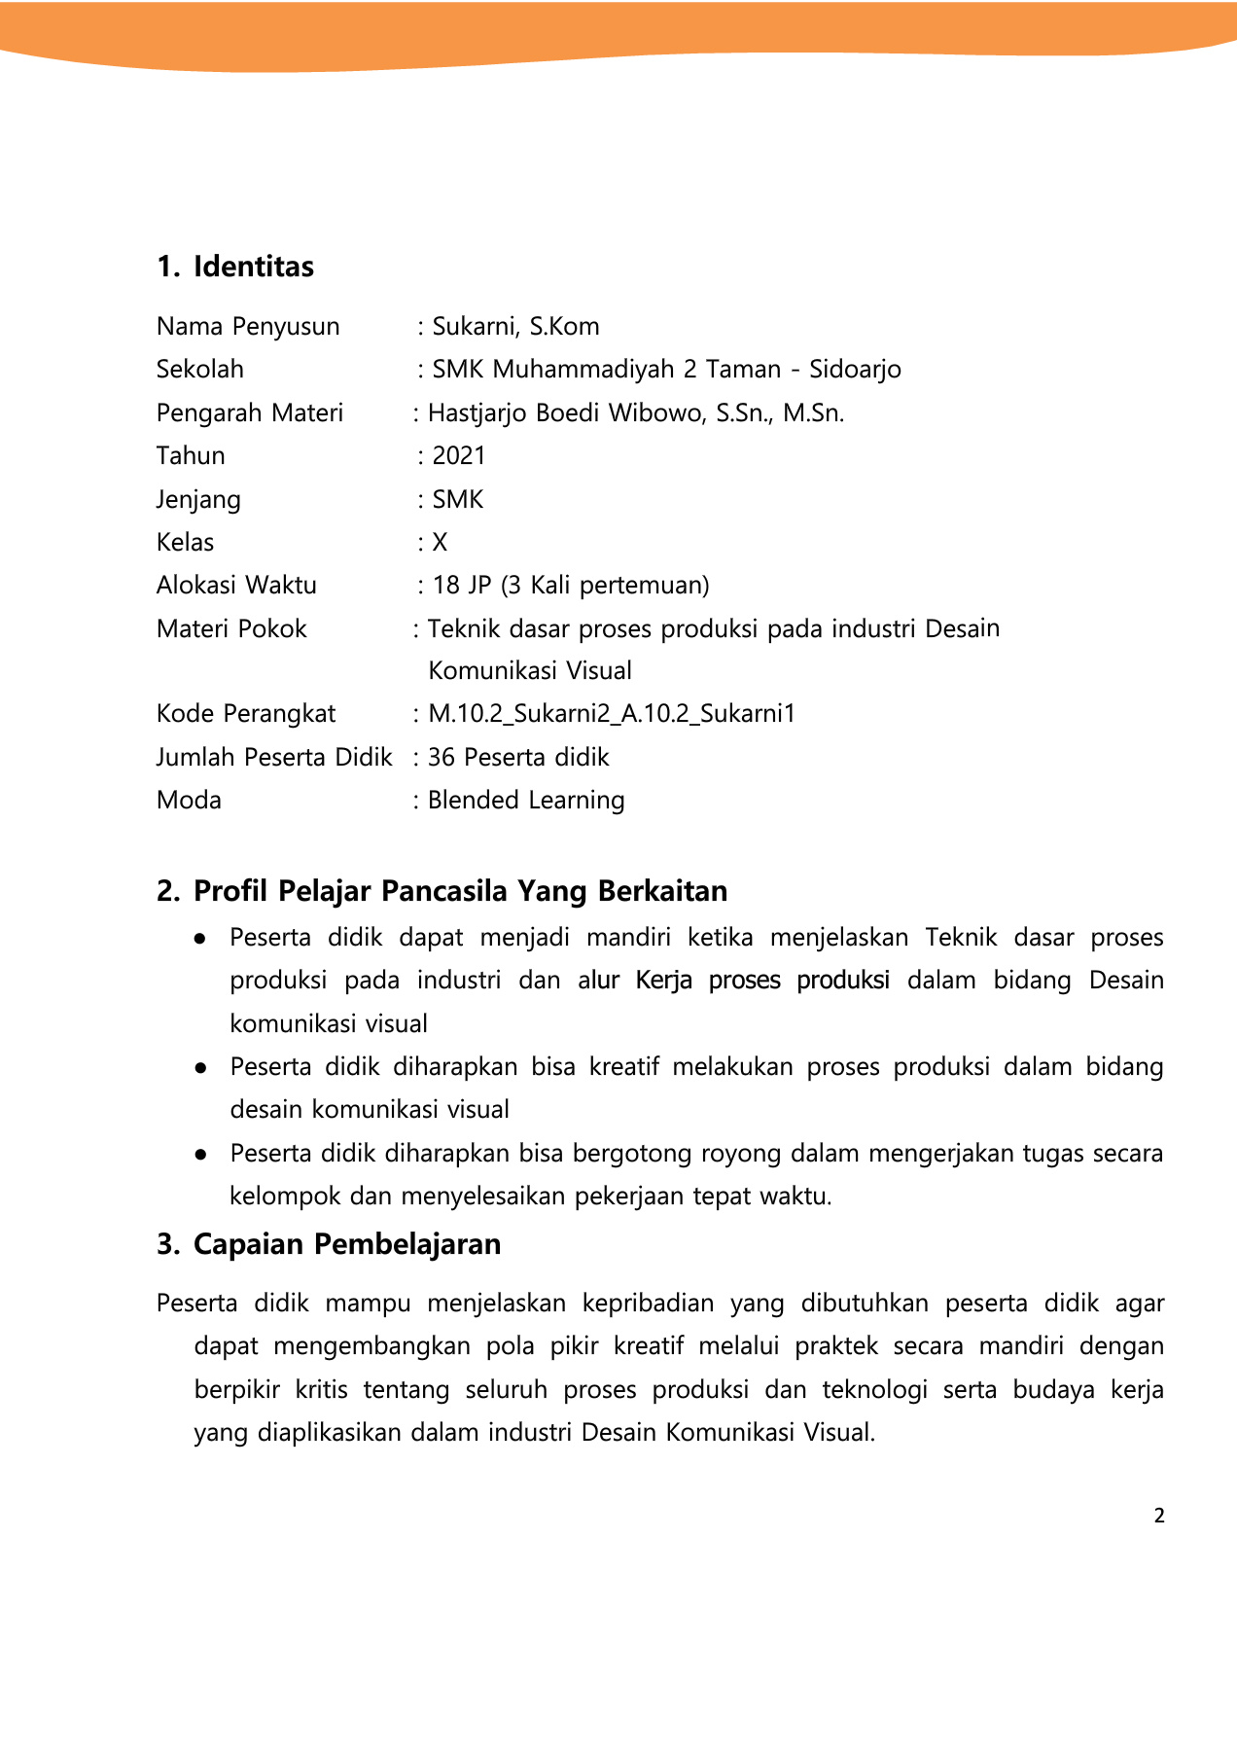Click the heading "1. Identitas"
point(235,267)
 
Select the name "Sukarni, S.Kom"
point(515,327)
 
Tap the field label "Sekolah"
point(200,370)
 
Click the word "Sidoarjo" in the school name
point(855,370)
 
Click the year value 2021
point(459,456)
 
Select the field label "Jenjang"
point(198,500)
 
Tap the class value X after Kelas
point(440,543)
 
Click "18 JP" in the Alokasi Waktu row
point(462,586)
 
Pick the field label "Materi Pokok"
point(231,629)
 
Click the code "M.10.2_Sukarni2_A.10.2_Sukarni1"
point(612,714)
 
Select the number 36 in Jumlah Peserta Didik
point(442,758)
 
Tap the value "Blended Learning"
point(526,801)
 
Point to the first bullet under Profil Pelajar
point(200,939)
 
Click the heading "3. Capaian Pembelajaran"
point(329,1244)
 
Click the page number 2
point(1158,1516)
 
